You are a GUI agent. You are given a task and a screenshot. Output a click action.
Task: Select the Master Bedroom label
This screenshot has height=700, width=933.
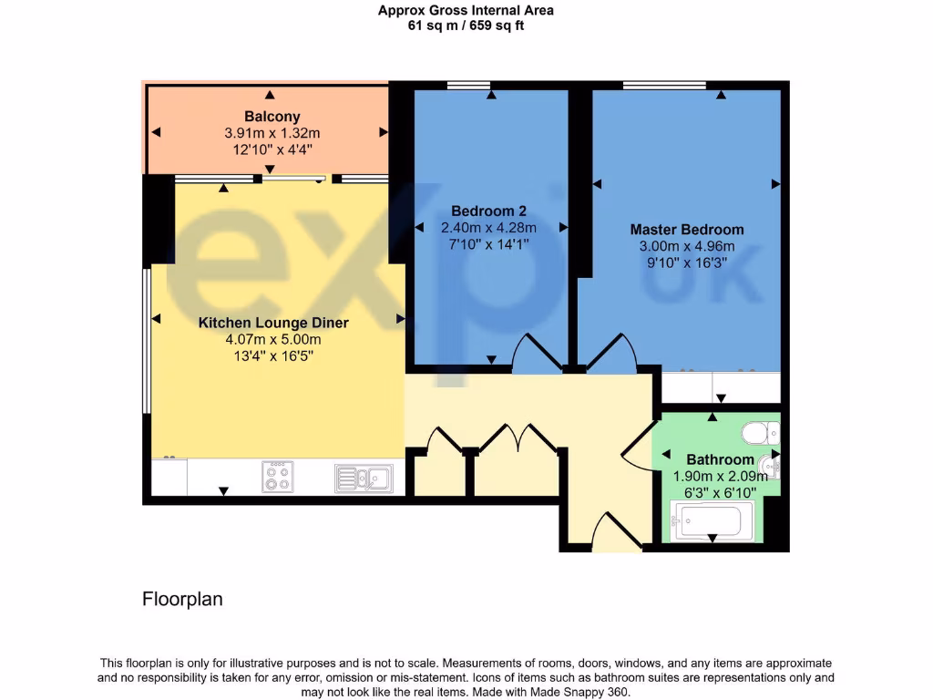tap(686, 230)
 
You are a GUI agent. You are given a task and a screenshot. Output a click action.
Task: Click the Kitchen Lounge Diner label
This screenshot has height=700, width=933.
tap(273, 323)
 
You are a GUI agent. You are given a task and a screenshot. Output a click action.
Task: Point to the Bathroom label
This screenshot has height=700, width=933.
tap(720, 459)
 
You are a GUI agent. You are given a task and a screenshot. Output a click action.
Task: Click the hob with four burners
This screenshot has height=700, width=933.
tap(278, 477)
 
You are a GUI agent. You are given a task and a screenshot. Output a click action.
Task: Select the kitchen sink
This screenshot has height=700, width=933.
tap(363, 478)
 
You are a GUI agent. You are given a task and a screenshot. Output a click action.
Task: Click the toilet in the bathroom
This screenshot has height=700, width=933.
tap(757, 431)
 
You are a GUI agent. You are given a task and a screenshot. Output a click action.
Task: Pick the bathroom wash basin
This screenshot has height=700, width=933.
tap(771, 468)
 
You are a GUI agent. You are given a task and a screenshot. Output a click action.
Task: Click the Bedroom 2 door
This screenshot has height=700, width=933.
tap(538, 355)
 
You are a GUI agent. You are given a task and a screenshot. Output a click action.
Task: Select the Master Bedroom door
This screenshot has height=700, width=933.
tap(610, 355)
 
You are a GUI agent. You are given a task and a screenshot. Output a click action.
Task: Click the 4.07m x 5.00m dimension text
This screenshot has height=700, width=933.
tap(273, 339)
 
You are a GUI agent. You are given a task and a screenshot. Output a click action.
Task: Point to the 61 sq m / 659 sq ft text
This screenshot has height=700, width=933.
tap(466, 26)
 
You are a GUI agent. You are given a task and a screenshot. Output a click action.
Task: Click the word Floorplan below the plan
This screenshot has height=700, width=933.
tap(182, 600)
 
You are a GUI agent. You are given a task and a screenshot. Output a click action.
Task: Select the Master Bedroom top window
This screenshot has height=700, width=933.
tap(664, 86)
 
